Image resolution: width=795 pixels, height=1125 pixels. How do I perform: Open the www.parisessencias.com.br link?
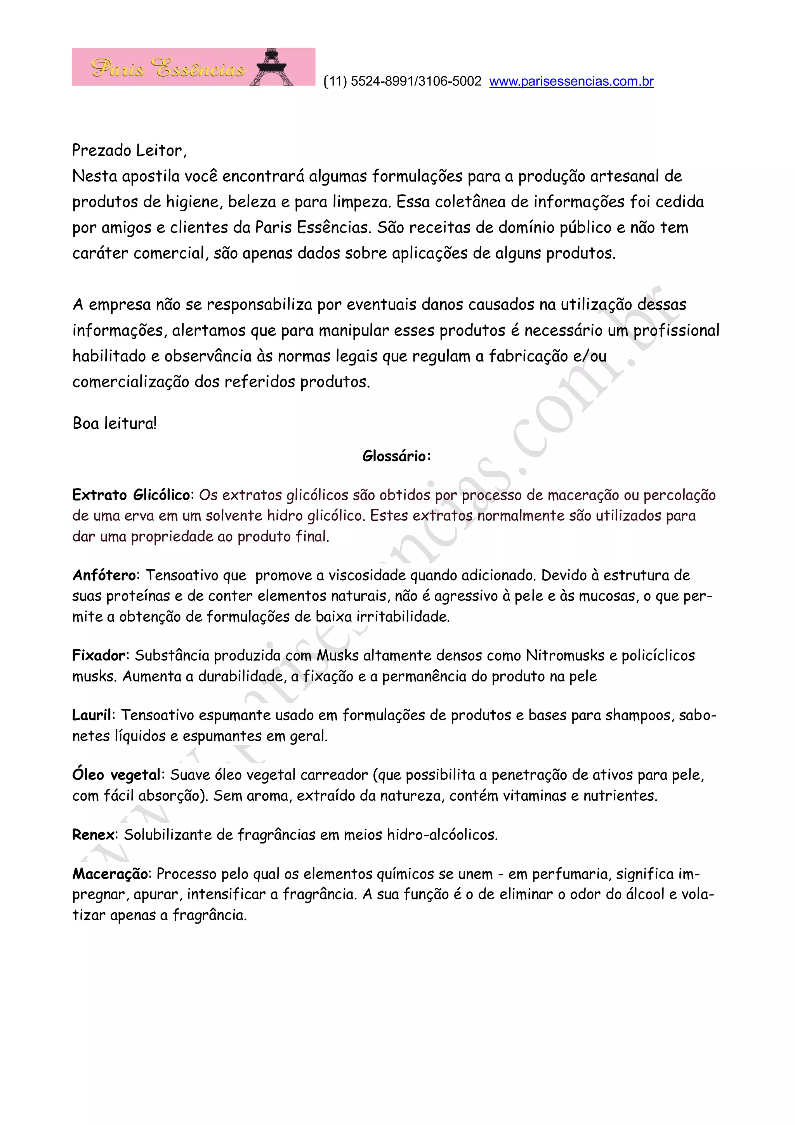point(571,81)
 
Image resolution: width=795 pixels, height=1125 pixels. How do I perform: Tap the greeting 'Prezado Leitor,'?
point(129,150)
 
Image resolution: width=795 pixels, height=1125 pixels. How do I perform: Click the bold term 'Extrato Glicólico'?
point(131,495)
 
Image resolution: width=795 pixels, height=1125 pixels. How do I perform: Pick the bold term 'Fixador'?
point(99,655)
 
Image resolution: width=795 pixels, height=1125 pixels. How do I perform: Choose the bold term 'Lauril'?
point(92,715)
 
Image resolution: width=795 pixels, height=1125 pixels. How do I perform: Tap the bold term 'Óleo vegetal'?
point(116,775)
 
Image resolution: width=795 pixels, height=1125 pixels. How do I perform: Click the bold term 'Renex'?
point(93,835)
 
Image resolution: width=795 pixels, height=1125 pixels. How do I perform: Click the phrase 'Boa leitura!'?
point(115,423)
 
